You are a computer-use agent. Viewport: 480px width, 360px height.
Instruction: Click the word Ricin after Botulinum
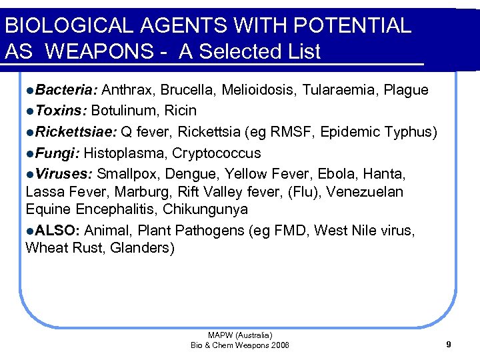(x=180, y=110)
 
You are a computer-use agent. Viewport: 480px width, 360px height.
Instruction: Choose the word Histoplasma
(x=125, y=153)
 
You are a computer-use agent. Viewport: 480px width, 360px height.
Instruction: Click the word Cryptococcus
(x=217, y=153)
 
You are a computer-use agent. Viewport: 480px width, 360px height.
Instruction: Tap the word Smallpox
(x=126, y=175)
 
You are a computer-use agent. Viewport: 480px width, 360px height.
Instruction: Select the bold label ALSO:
(x=58, y=231)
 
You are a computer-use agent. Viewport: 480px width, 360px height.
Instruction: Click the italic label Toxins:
(x=61, y=110)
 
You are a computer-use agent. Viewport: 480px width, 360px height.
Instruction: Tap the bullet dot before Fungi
(x=30, y=153)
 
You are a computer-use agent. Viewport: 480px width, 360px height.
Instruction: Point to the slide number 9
(x=449, y=345)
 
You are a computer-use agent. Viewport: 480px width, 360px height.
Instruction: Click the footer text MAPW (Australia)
(x=240, y=335)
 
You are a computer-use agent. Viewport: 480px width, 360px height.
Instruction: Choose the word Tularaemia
(x=343, y=90)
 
